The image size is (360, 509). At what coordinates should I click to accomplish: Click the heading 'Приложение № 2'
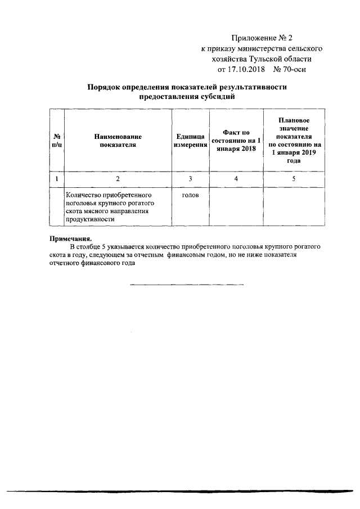pyautogui.click(x=263, y=38)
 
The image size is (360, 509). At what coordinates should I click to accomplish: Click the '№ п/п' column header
pyautogui.click(x=57, y=141)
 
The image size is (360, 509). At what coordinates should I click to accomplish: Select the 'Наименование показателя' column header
pyautogui.click(x=118, y=141)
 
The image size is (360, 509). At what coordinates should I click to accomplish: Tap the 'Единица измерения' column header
pyautogui.click(x=190, y=141)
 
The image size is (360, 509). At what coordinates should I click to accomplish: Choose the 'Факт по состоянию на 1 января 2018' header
pyautogui.click(x=236, y=141)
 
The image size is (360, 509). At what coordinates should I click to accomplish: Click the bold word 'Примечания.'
pyautogui.click(x=70, y=238)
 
